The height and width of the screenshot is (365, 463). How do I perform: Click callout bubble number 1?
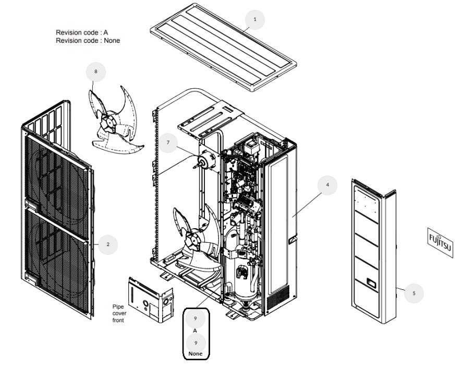pyautogui.click(x=255, y=19)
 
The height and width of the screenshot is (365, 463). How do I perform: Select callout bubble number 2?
pyautogui.click(x=108, y=244)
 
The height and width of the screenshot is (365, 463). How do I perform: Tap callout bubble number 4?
pyautogui.click(x=327, y=185)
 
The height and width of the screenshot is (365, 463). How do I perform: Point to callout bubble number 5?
pyautogui.click(x=414, y=293)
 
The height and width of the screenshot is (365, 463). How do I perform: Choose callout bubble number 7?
pyautogui.click(x=168, y=142)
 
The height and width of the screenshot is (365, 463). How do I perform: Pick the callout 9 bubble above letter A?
pyautogui.click(x=195, y=319)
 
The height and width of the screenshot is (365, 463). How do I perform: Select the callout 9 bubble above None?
pyautogui.click(x=195, y=343)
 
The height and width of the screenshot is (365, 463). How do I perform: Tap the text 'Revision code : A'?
pyautogui.click(x=82, y=32)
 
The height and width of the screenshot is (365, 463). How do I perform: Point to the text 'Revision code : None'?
pyautogui.click(x=88, y=40)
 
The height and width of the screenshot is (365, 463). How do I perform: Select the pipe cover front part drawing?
pyautogui.click(x=151, y=299)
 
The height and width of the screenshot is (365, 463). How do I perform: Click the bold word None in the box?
pyautogui.click(x=195, y=354)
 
